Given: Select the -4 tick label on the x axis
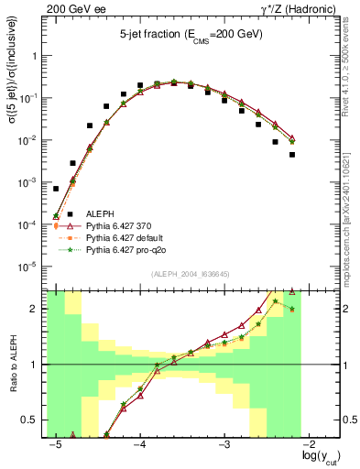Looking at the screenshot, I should [x=140, y=444].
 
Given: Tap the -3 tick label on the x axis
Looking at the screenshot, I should [x=224, y=444].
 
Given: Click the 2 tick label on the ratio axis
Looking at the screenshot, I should [x=37, y=309].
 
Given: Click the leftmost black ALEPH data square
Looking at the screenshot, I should [x=56, y=189].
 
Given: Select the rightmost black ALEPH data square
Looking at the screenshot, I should [x=292, y=155].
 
